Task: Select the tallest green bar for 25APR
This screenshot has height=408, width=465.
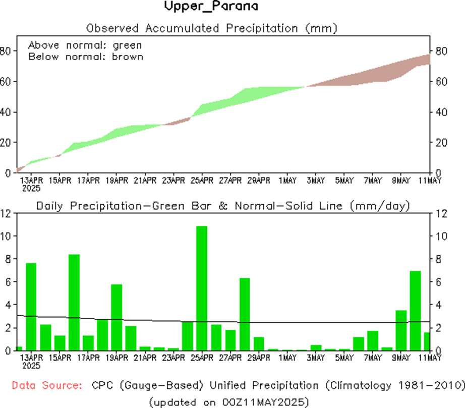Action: [x=202, y=288]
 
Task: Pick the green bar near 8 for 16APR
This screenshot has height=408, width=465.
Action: [x=74, y=302]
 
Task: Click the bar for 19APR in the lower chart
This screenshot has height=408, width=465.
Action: [x=117, y=317]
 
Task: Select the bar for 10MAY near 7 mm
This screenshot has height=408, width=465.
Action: [x=415, y=311]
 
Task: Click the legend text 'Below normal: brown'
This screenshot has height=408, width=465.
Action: [x=86, y=56]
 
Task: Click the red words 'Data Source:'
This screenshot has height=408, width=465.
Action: [x=47, y=386]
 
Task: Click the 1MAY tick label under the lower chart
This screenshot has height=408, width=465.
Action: [x=287, y=358]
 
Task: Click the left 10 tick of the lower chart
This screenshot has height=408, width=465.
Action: [x=7, y=236]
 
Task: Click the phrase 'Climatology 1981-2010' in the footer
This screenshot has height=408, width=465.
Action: [x=393, y=386]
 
